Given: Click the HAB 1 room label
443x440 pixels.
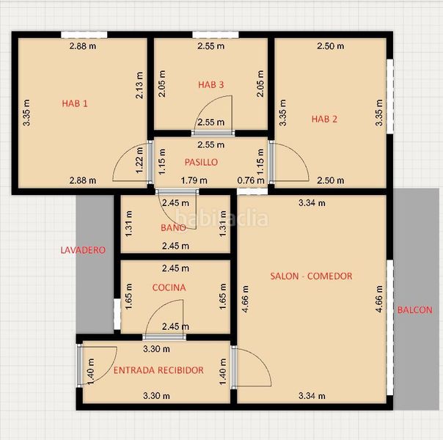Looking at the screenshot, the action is pyautogui.click(x=75, y=103).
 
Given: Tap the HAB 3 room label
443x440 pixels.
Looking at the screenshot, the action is pyautogui.click(x=210, y=84).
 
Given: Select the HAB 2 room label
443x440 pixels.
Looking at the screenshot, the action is pyautogui.click(x=324, y=119).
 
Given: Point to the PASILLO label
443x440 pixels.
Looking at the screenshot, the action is pyautogui.click(x=201, y=162).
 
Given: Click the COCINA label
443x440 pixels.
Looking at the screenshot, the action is pyautogui.click(x=169, y=287).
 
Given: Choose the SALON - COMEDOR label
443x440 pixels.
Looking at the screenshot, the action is pyautogui.click(x=311, y=276).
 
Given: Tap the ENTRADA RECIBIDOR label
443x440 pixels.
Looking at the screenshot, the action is pyautogui.click(x=158, y=370).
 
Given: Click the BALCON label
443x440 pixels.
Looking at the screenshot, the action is pyautogui.click(x=414, y=309).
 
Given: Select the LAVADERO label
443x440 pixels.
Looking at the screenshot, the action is pyautogui.click(x=83, y=249).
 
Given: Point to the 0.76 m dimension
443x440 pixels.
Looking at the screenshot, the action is pyautogui.click(x=251, y=180).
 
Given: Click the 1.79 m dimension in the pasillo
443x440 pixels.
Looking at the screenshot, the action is pyautogui.click(x=194, y=180).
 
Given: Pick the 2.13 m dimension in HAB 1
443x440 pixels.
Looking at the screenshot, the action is pyautogui.click(x=139, y=85).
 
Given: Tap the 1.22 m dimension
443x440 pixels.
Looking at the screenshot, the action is pyautogui.click(x=139, y=161).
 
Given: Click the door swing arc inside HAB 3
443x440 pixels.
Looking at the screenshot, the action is pyautogui.click(x=205, y=103).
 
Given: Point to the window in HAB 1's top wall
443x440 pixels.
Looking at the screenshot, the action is pyautogui.click(x=84, y=34).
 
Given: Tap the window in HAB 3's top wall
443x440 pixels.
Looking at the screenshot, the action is pyautogui.click(x=216, y=34).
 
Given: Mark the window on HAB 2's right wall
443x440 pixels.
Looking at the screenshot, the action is pyautogui.click(x=390, y=96).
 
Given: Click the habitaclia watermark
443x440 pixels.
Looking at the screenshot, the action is pyautogui.click(x=221, y=218).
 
